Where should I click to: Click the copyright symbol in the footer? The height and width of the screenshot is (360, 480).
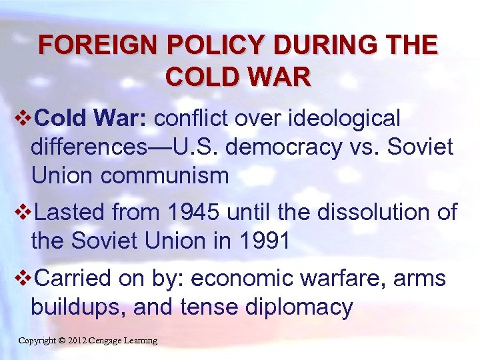click(x=61, y=341)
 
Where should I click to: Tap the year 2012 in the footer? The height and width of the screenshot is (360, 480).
click(x=79, y=341)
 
